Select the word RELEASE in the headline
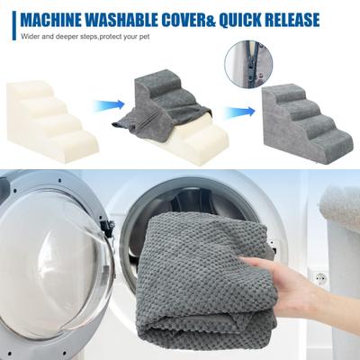coord(288,20)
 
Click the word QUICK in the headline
coord(236,20)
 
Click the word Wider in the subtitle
coord(29,37)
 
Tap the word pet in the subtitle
coord(144,38)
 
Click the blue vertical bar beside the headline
coord(14,25)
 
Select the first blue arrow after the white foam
coord(109,105)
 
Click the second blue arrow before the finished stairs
coord(239,112)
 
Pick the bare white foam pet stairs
coord(51,121)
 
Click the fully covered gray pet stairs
coord(306,122)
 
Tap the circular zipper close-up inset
coord(248,64)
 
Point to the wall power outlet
coord(319,277)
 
